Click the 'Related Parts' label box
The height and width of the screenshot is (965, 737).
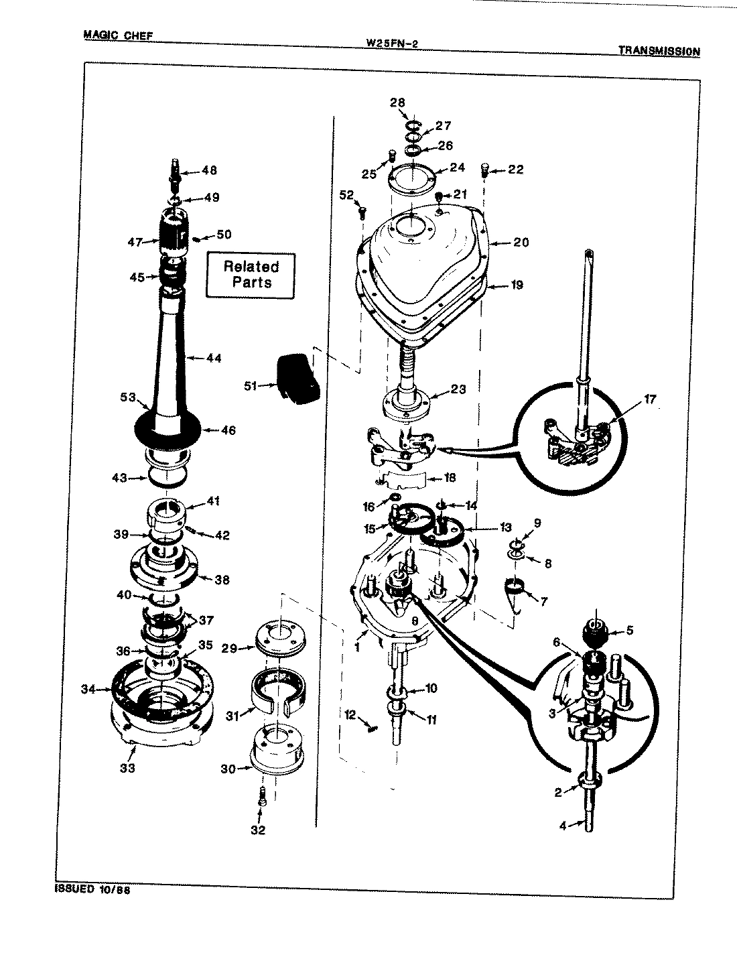point(251,274)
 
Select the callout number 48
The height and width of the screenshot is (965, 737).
point(209,171)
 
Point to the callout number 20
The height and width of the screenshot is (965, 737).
point(521,242)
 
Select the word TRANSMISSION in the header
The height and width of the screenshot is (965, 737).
point(659,51)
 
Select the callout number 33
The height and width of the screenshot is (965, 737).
point(127,768)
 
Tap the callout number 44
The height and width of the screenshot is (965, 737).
point(213,359)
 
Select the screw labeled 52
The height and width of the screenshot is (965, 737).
point(362,214)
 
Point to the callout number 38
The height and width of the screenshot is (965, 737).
point(222,580)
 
